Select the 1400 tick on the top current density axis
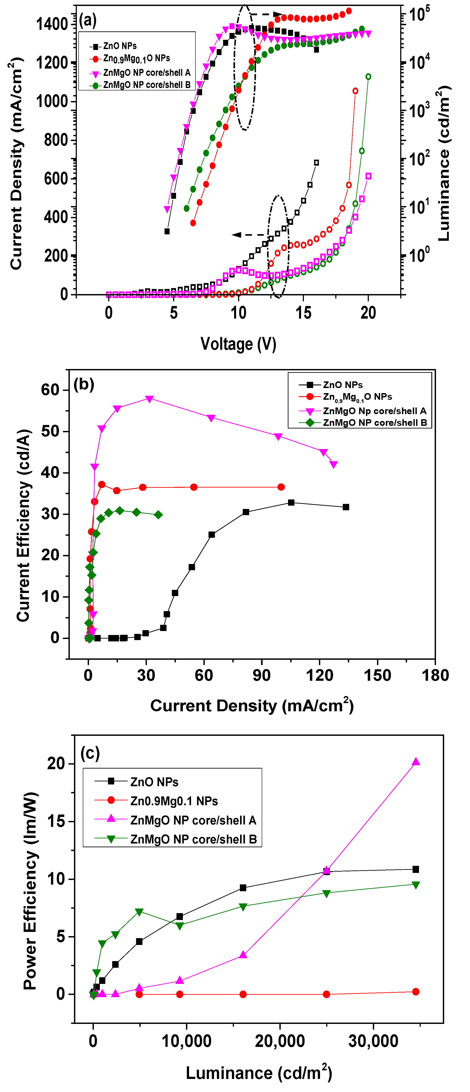click(x=52, y=24)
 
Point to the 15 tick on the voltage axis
click(x=303, y=313)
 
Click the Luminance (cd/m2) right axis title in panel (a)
click(x=444, y=163)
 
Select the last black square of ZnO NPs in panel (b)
click(x=346, y=507)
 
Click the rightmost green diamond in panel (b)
click(x=158, y=515)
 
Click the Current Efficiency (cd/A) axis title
click(x=24, y=526)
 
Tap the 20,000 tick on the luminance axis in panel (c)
click(x=280, y=1041)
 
